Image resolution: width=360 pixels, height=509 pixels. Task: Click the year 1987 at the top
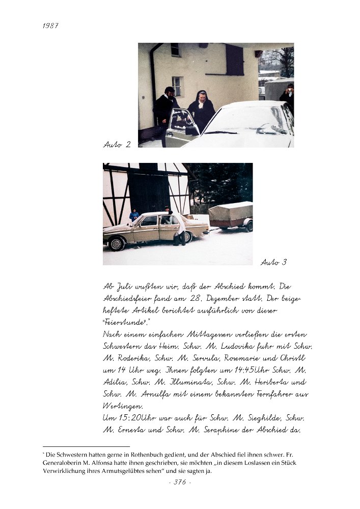(50, 25)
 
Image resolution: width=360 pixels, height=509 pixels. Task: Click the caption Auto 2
(117, 145)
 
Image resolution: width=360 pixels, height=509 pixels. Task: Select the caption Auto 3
(273, 263)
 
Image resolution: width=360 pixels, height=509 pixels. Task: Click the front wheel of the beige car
(117, 243)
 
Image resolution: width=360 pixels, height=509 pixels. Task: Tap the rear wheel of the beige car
(187, 237)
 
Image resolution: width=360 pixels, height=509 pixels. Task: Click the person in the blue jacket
(133, 215)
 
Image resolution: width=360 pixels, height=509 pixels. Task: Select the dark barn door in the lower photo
(148, 193)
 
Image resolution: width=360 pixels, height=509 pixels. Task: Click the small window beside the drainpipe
(177, 86)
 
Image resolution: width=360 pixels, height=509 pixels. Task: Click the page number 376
(180, 482)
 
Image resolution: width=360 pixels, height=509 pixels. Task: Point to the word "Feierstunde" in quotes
(125, 322)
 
